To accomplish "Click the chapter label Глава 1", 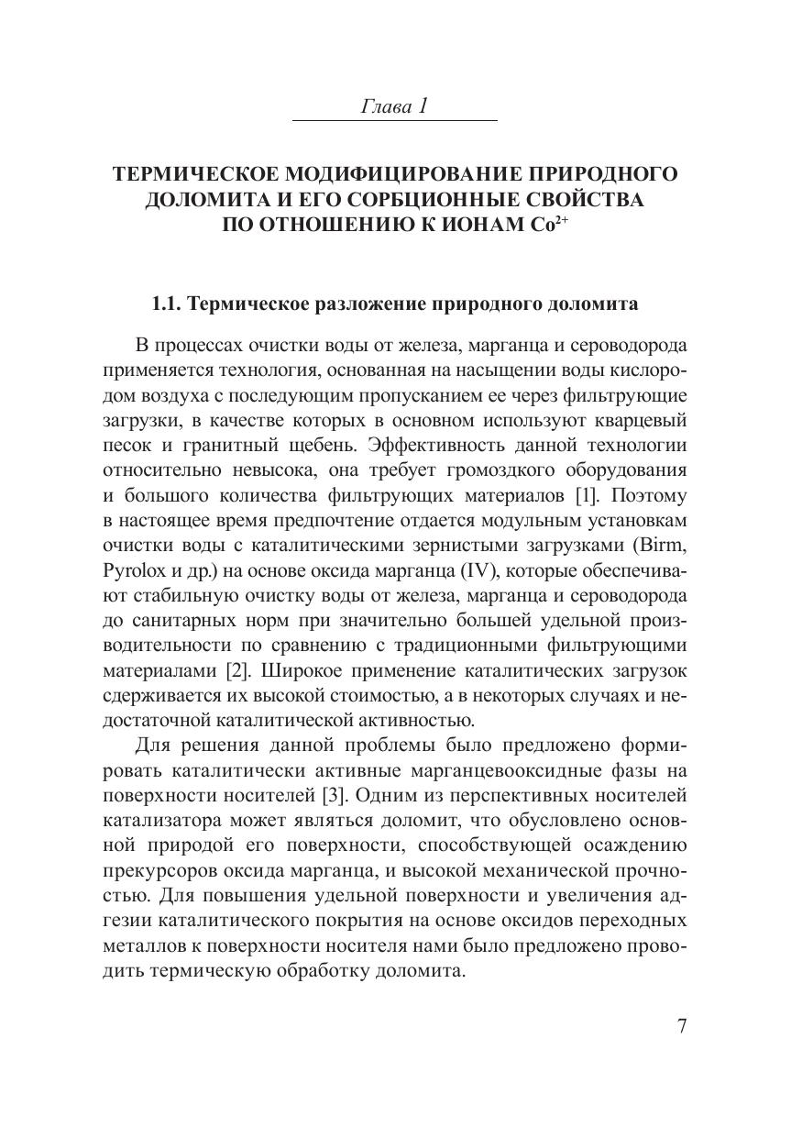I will [x=394, y=106].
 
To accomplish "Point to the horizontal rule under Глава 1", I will [x=394, y=121].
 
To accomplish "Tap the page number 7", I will [x=681, y=1026].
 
